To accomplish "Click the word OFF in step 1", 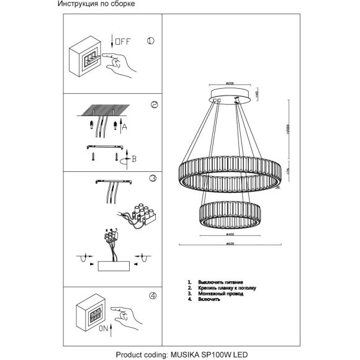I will [x=123, y=43].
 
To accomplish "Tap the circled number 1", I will [x=150, y=42].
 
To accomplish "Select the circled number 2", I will [x=154, y=105].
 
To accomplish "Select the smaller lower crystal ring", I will [x=230, y=215].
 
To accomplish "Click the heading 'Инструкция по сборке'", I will [x=96, y=4].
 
